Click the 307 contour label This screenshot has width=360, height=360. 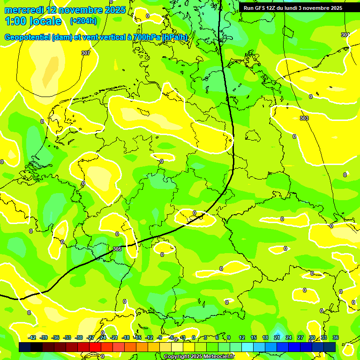[x=86, y=53]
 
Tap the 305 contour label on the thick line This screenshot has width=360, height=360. [x=117, y=249]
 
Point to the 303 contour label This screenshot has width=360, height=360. [x=304, y=119]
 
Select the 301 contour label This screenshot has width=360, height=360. [x=345, y=35]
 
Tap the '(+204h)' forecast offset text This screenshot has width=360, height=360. [x=83, y=21]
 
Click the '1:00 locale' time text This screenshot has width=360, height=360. [x=33, y=21]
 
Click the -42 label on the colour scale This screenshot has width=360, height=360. [x=32, y=337]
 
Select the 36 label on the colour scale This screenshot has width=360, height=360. [x=336, y=337]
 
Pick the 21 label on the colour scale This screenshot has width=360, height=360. [x=277, y=337]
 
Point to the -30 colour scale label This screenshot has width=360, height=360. [x=79, y=337]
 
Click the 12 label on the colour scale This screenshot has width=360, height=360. [x=242, y=337]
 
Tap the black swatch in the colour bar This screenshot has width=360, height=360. [x=37, y=347]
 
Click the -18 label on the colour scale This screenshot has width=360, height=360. [x=126, y=337]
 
